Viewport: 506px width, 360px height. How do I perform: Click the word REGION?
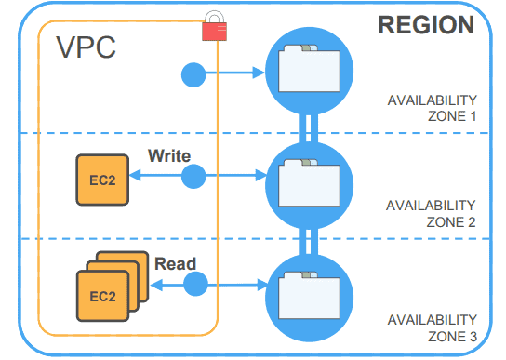tap(426, 25)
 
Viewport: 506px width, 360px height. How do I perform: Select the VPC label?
tap(87, 48)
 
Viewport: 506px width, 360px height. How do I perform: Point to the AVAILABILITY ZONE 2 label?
tap(433, 215)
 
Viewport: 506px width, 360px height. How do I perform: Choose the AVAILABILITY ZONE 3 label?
tap(433, 326)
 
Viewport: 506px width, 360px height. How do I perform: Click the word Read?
tap(175, 263)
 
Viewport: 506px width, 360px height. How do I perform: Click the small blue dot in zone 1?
tap(193, 73)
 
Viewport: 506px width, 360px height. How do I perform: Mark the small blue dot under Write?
tap(193, 176)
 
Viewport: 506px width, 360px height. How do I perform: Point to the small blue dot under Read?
tap(195, 284)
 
